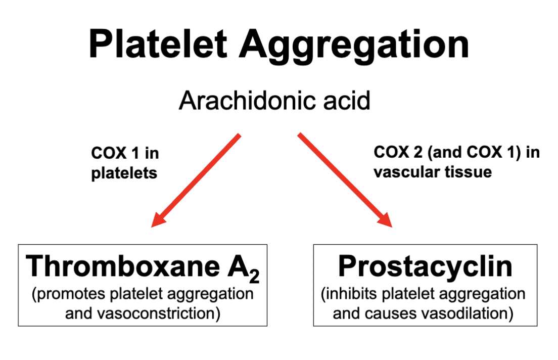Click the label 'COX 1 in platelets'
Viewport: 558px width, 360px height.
[124, 163]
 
